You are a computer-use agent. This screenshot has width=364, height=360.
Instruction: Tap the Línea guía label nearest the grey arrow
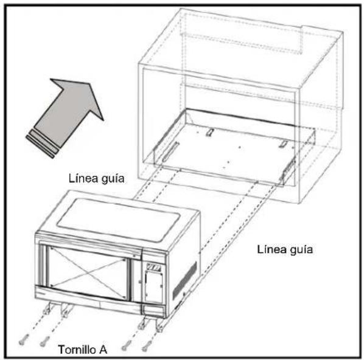pyautogui.click(x=97, y=179)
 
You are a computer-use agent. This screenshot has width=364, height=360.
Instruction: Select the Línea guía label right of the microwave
pyautogui.click(x=285, y=249)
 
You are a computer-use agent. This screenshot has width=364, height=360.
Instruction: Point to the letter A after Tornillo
pyautogui.click(x=102, y=350)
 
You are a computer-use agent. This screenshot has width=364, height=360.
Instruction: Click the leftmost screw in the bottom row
pyautogui.click(x=24, y=339)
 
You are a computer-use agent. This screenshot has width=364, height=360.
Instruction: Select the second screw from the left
pyautogui.click(x=44, y=341)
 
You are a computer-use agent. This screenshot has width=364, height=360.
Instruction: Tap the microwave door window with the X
pyautogui.click(x=88, y=273)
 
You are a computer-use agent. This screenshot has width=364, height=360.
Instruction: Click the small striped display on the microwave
pyautogui.click(x=153, y=267)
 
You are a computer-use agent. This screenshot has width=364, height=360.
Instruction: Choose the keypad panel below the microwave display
pyautogui.click(x=153, y=288)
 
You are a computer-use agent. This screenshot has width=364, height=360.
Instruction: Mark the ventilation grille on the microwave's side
pyautogui.click(x=184, y=280)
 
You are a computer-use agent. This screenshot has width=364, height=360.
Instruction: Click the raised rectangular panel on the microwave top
pyautogui.click(x=119, y=219)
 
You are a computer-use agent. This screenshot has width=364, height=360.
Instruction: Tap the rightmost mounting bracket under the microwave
pyautogui.click(x=161, y=324)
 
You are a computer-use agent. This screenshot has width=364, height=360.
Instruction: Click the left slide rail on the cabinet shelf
pyautogui.click(x=170, y=151)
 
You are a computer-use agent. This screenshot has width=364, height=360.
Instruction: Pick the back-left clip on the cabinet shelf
pyautogui.click(x=209, y=132)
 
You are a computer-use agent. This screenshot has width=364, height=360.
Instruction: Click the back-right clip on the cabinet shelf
pyautogui.click(x=284, y=144)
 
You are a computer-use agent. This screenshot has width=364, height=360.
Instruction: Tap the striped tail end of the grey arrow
pyautogui.click(x=42, y=144)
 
